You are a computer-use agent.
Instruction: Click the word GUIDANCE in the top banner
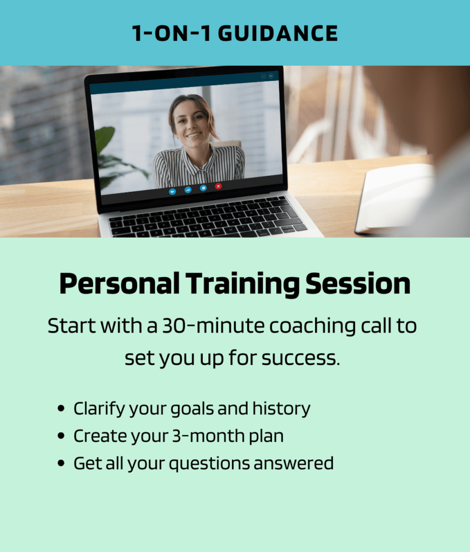coord(278,34)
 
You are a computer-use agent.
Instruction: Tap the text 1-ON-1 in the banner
coord(172,34)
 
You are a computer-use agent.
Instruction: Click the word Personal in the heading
coord(119,284)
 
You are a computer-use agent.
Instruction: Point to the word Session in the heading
coord(358,284)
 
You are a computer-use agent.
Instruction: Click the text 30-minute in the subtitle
coord(213,326)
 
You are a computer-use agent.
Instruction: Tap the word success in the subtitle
coord(301,358)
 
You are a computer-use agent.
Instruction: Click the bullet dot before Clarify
coord(61,409)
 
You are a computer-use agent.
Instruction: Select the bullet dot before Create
coord(61,436)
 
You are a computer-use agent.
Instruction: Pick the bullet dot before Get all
coord(61,463)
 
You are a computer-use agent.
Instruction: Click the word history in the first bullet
coord(282,409)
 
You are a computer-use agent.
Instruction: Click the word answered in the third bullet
coord(294,464)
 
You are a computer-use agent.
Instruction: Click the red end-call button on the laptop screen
coord(219,186)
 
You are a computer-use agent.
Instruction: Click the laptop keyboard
coord(208,218)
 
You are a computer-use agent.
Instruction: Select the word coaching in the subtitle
coord(312,326)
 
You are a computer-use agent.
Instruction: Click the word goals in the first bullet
coord(192,409)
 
